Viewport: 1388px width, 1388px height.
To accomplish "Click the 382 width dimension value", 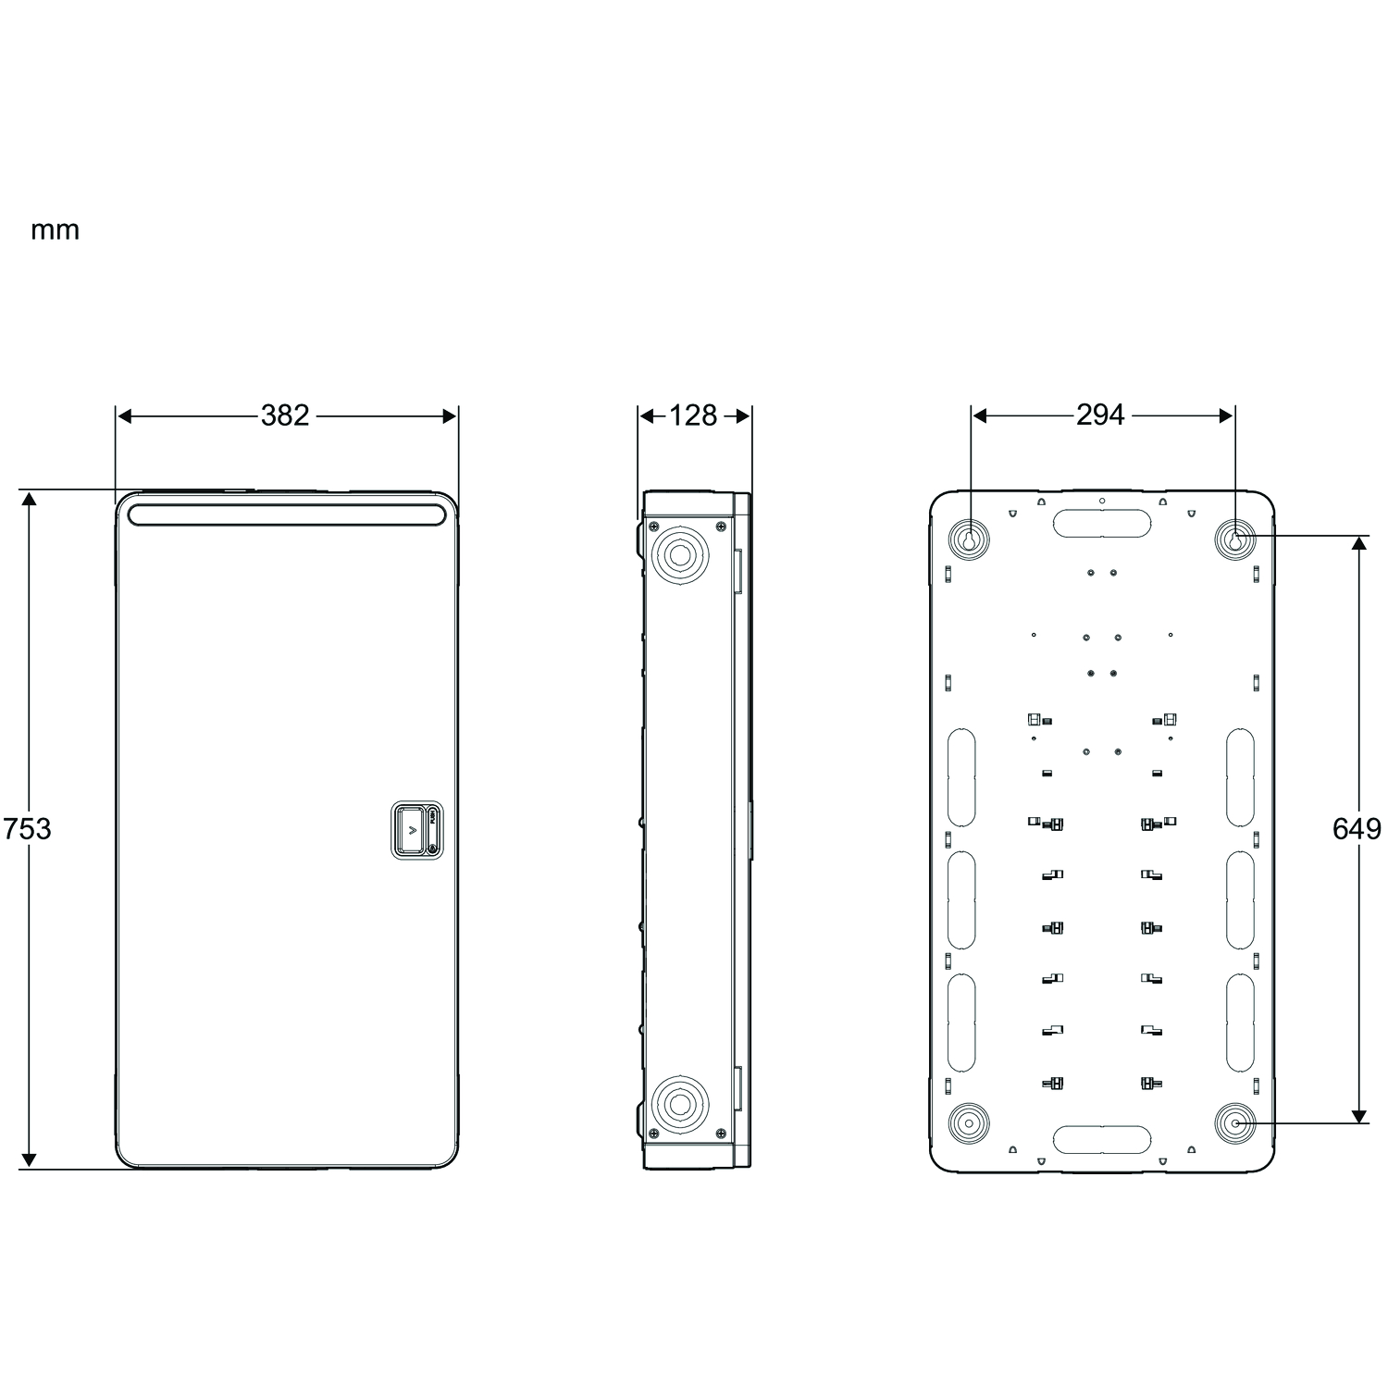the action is [285, 415].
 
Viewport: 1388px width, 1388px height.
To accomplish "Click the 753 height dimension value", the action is [27, 828].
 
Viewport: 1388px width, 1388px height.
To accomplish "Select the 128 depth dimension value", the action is [693, 415].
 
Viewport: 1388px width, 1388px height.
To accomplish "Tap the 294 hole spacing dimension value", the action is [1100, 415].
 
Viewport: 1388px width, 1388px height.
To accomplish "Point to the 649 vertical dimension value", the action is [1357, 828].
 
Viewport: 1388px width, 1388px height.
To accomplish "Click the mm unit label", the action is [56, 230].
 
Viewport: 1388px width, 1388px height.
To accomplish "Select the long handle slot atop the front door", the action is [286, 514].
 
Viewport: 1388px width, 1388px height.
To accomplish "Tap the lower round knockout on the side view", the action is [680, 1103].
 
